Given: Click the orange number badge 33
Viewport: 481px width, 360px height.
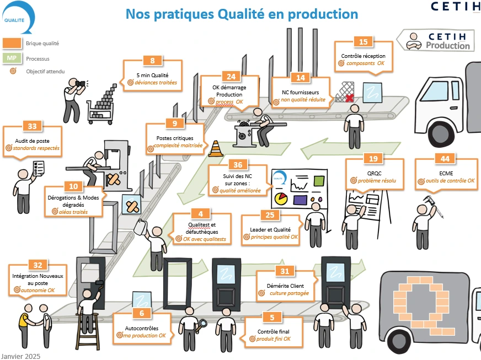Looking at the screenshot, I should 33,126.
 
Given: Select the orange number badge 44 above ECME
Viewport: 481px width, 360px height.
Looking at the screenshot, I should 445,159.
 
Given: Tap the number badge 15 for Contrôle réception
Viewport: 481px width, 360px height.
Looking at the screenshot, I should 363,42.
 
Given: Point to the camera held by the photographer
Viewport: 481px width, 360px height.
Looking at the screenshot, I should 81,84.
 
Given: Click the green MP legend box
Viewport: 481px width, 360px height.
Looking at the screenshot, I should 12,58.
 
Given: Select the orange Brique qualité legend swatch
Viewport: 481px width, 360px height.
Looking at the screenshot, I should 12,43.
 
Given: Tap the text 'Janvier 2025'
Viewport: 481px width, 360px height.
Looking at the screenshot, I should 20,356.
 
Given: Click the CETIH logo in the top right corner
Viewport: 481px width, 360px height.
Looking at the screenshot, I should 455,7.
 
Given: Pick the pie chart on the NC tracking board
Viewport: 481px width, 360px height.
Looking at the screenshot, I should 281,197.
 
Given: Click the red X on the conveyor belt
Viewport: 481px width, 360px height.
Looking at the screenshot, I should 349,98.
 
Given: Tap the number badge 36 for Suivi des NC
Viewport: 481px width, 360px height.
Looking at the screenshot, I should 238,164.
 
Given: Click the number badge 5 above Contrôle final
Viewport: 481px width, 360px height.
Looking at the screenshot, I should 272,317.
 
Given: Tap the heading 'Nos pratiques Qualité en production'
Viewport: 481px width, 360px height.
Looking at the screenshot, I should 242,13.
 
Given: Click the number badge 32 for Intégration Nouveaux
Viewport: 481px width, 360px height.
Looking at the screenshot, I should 38,265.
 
